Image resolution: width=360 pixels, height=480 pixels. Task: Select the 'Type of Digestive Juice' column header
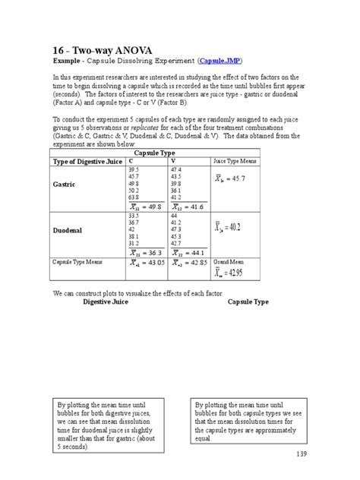(x=87, y=162)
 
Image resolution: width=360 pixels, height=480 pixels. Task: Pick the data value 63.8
(x=136, y=196)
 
